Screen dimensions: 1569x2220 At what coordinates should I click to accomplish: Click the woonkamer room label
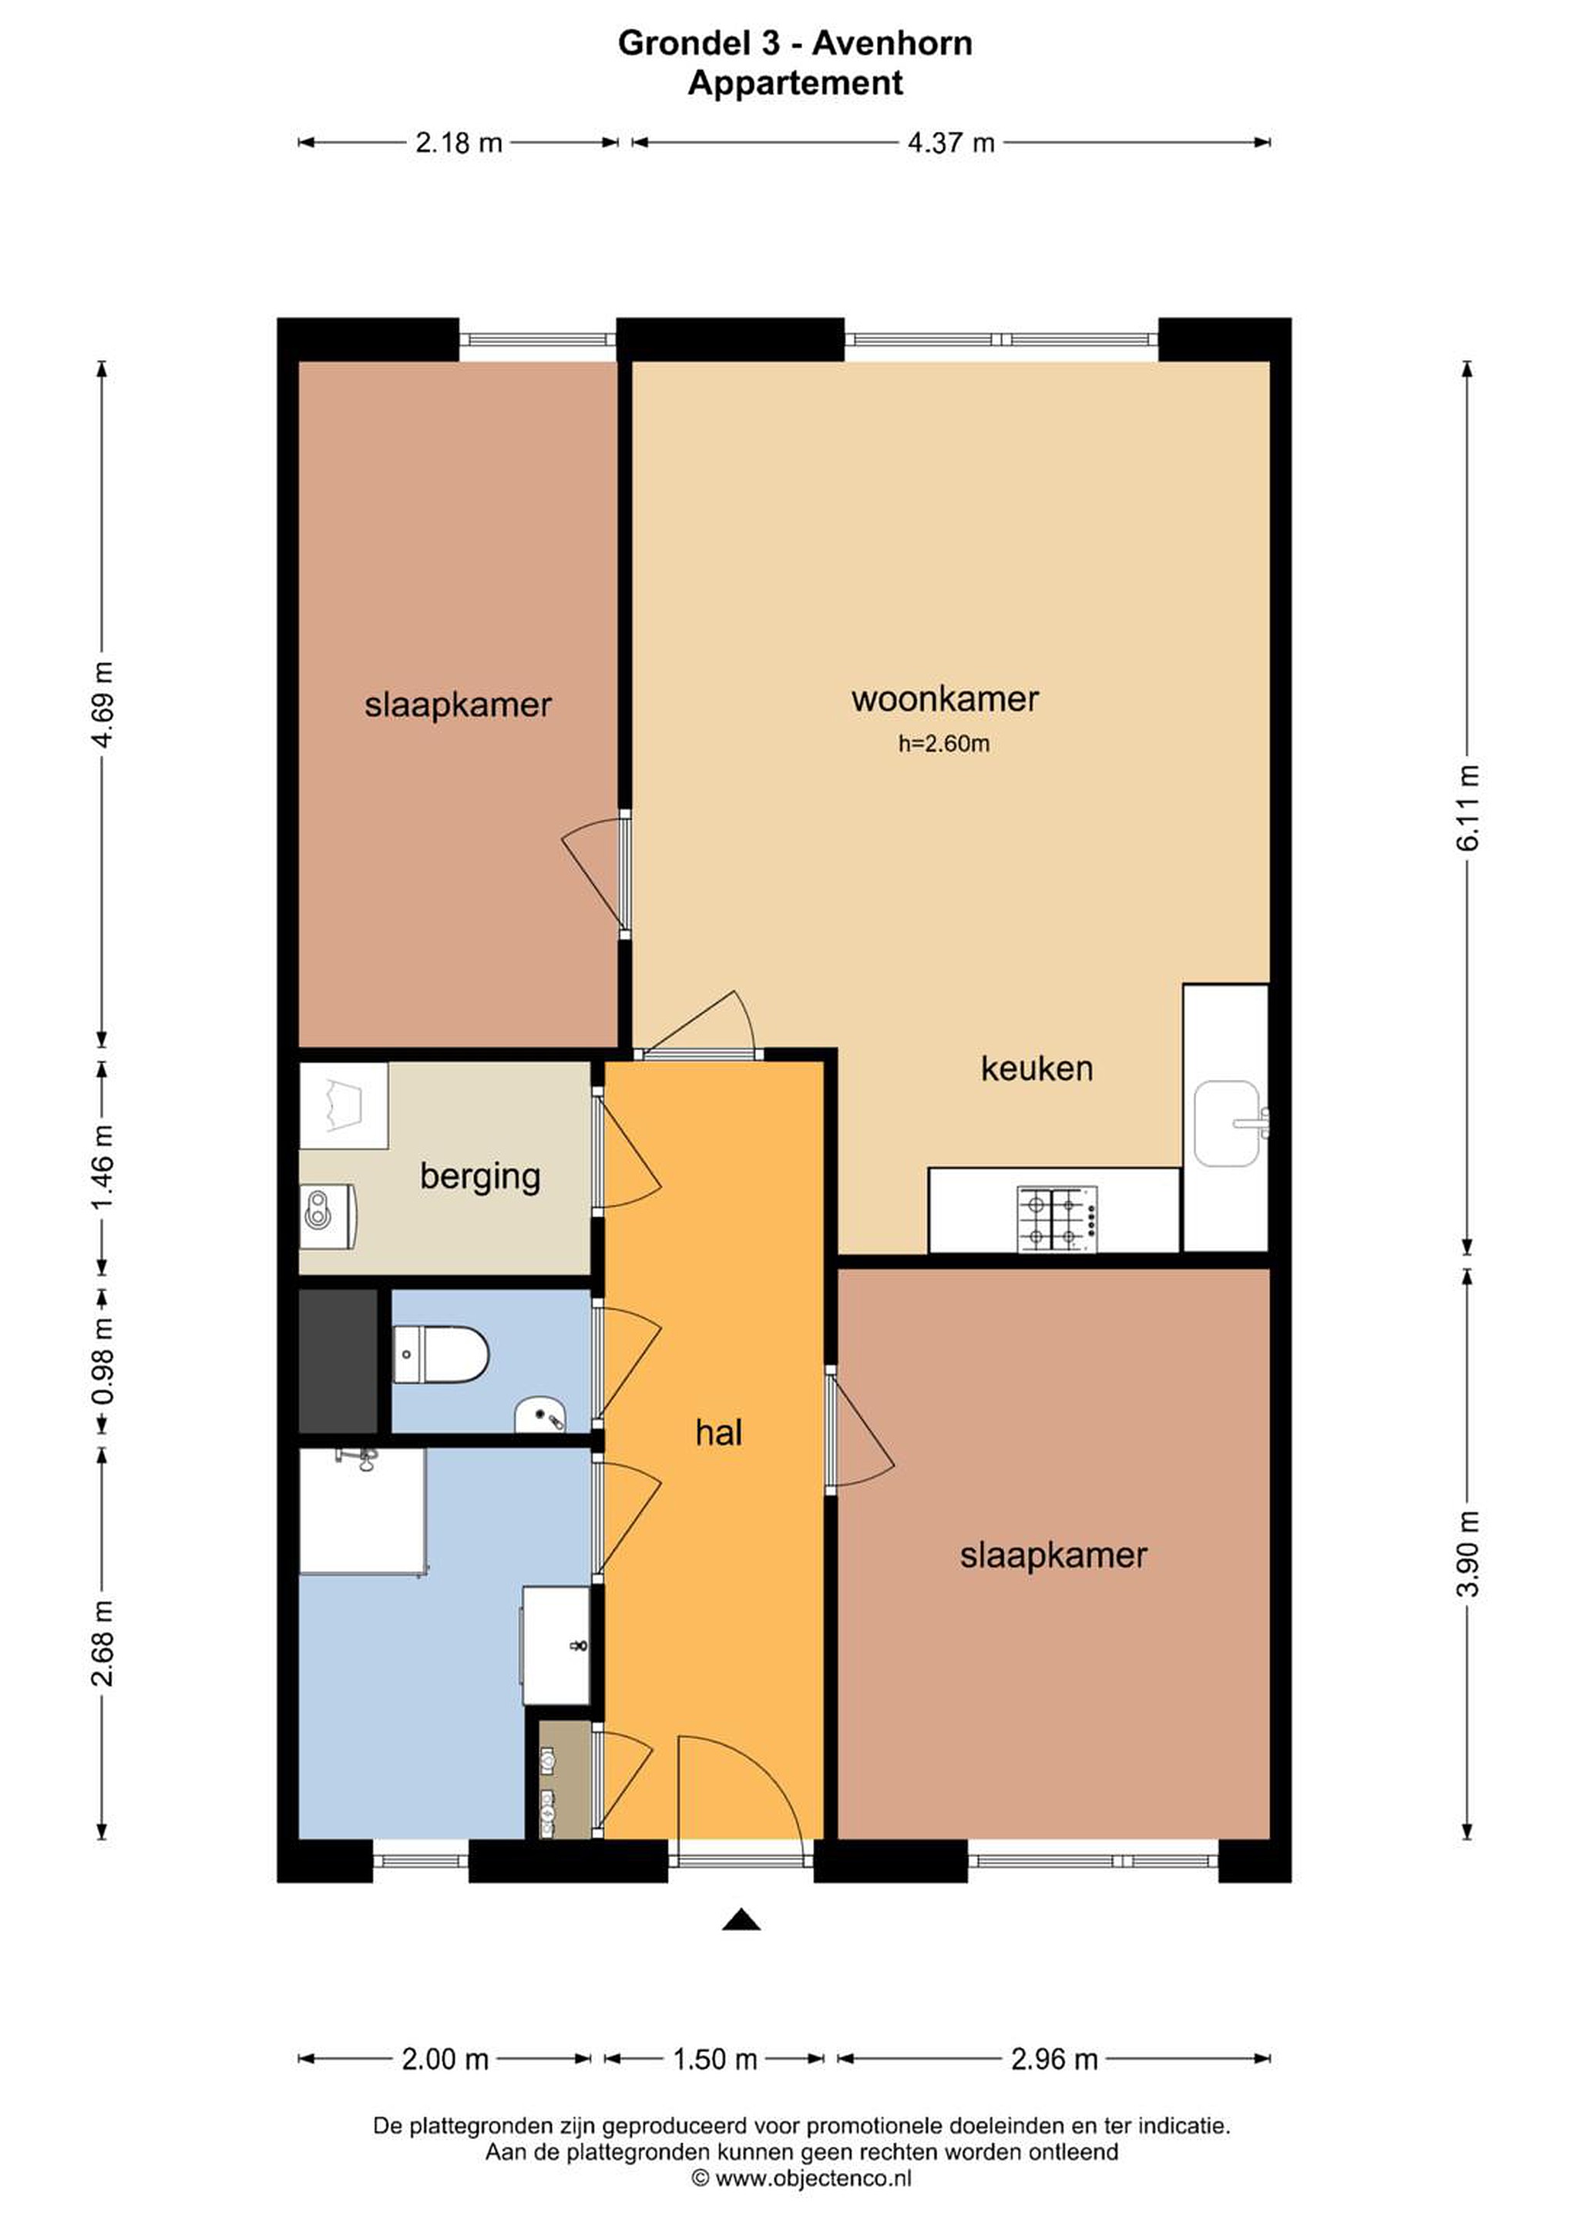coord(945,699)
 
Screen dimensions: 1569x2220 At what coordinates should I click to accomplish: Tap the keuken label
coord(1036,1068)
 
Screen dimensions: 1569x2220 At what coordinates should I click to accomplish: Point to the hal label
coord(718,1433)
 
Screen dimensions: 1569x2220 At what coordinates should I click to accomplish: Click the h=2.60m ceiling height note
coord(943,744)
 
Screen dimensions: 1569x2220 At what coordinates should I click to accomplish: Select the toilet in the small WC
coord(441,1354)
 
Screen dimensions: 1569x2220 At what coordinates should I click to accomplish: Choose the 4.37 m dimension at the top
coord(950,143)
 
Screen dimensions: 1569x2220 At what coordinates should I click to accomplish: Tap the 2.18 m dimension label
coord(459,143)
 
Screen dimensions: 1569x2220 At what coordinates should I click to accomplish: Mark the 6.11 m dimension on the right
coord(1467,807)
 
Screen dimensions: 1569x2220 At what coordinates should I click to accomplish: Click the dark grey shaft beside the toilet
coord(338,1361)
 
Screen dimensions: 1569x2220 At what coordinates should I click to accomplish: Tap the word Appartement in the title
coord(795,83)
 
